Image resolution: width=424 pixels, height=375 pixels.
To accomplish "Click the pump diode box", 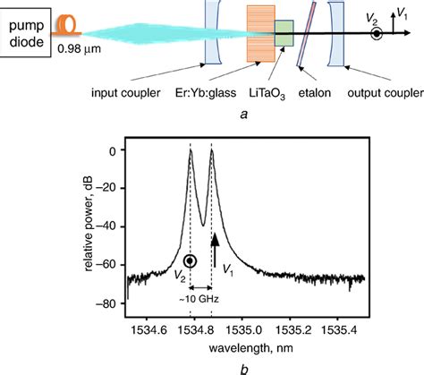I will click(x=26, y=28).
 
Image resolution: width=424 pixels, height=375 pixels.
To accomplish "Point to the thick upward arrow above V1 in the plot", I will click(x=215, y=243).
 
